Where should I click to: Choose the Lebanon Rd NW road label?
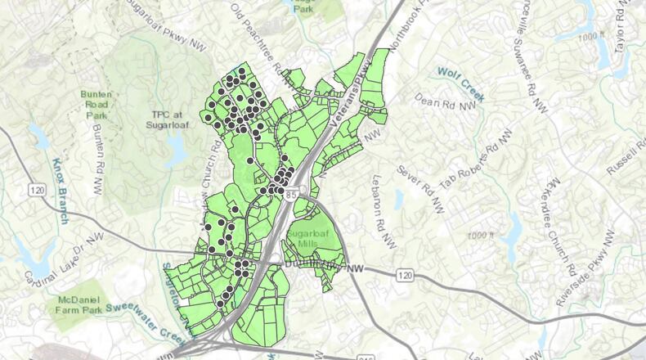pyautogui.click(x=386, y=208)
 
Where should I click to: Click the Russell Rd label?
pyautogui.click(x=626, y=157)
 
